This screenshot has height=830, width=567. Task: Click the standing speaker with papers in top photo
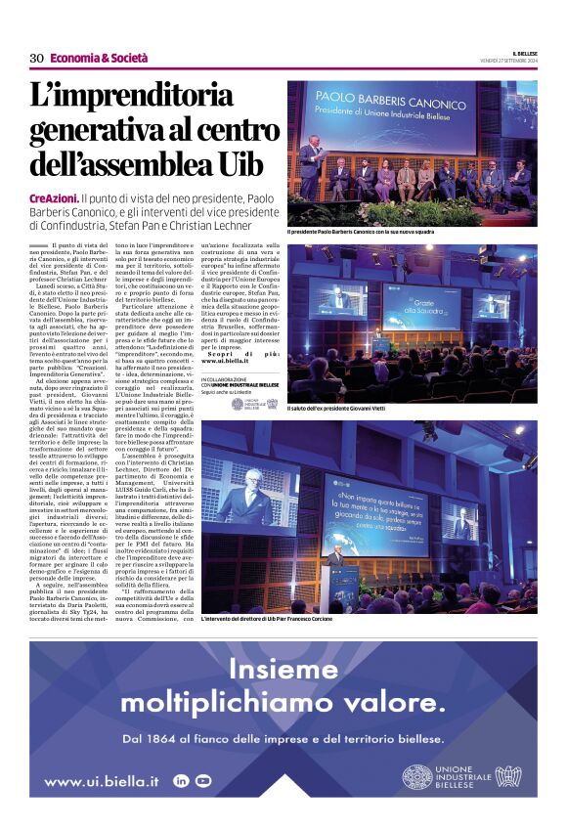(x=313, y=166)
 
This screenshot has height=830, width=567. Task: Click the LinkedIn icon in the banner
(x=180, y=780)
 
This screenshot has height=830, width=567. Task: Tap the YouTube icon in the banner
(x=203, y=780)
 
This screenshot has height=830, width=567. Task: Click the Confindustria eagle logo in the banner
(x=507, y=777)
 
